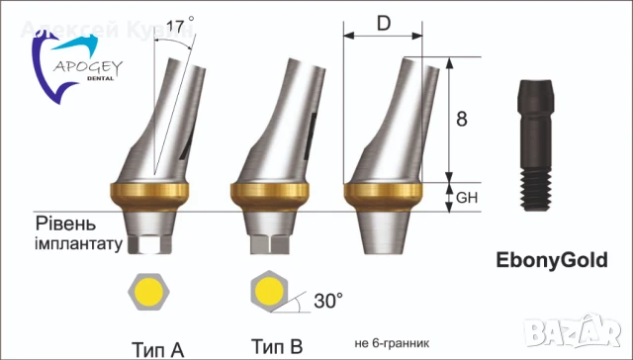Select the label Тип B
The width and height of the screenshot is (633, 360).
pos(276,346)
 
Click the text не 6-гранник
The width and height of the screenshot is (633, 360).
pos(391,345)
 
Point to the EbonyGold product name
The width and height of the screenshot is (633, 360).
pos(551,261)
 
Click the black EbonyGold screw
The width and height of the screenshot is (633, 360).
pos(533,148)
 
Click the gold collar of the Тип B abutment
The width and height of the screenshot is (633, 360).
pos(267,192)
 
